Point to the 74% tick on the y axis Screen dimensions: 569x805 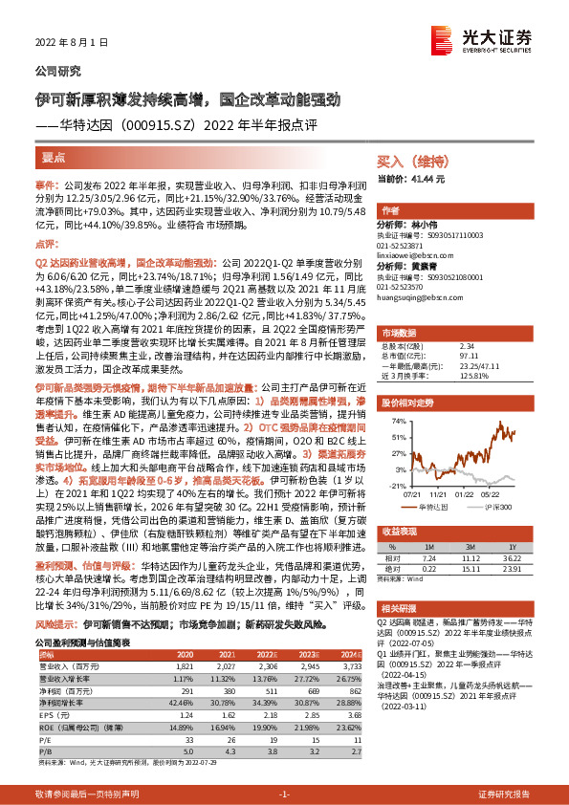pyautogui.click(x=390, y=421)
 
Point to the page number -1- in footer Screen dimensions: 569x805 pyautogui.click(x=284, y=794)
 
